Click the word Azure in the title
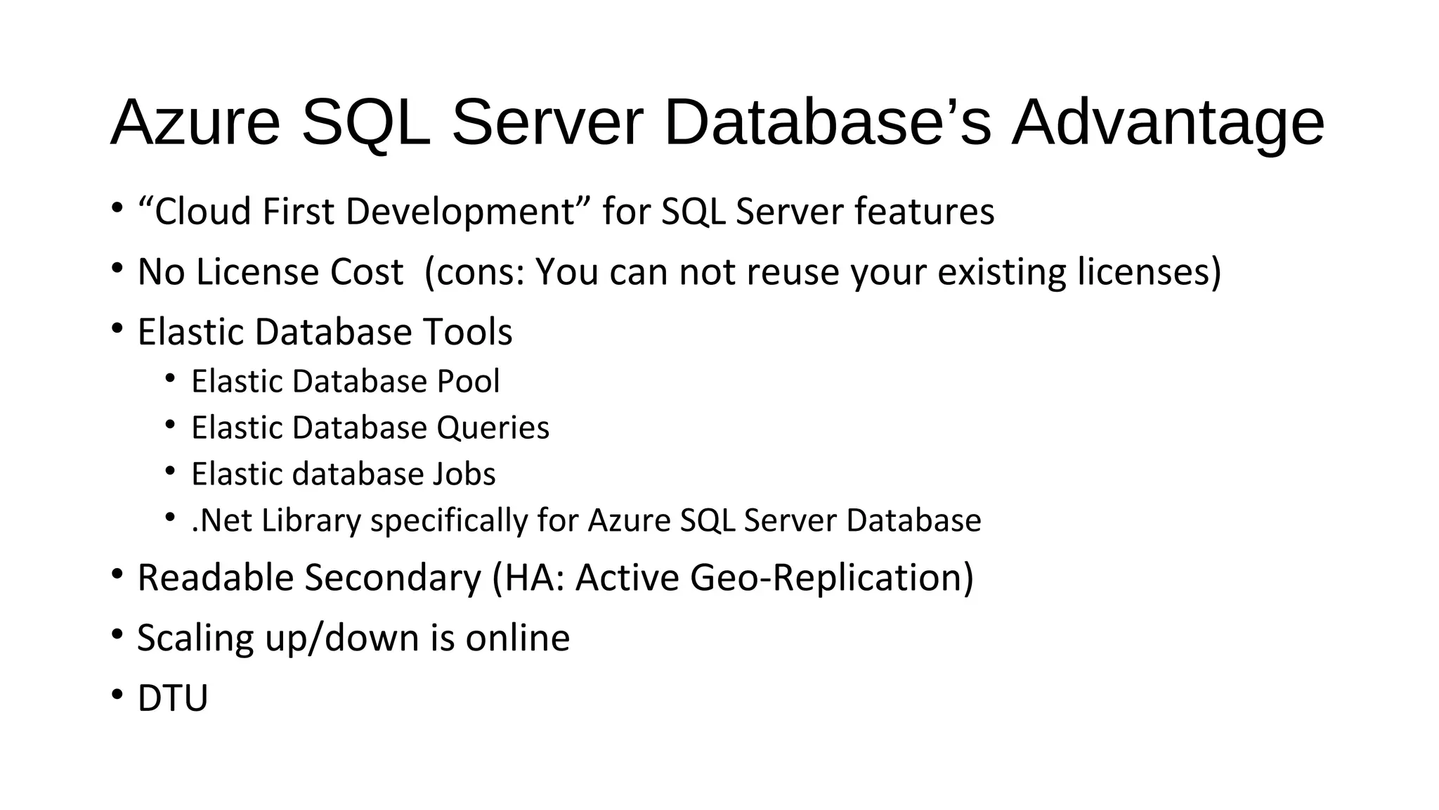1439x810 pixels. point(195,123)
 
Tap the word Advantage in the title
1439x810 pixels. point(1168,124)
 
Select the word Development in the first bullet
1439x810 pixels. point(460,212)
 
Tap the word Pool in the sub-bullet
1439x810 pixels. point(468,381)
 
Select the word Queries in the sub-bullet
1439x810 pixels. point(493,428)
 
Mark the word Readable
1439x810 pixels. point(215,578)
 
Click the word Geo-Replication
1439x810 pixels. point(832,578)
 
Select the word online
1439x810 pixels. point(518,638)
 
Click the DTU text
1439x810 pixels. point(173,698)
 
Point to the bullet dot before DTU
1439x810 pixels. point(117,695)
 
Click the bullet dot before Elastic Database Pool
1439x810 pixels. point(170,379)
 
